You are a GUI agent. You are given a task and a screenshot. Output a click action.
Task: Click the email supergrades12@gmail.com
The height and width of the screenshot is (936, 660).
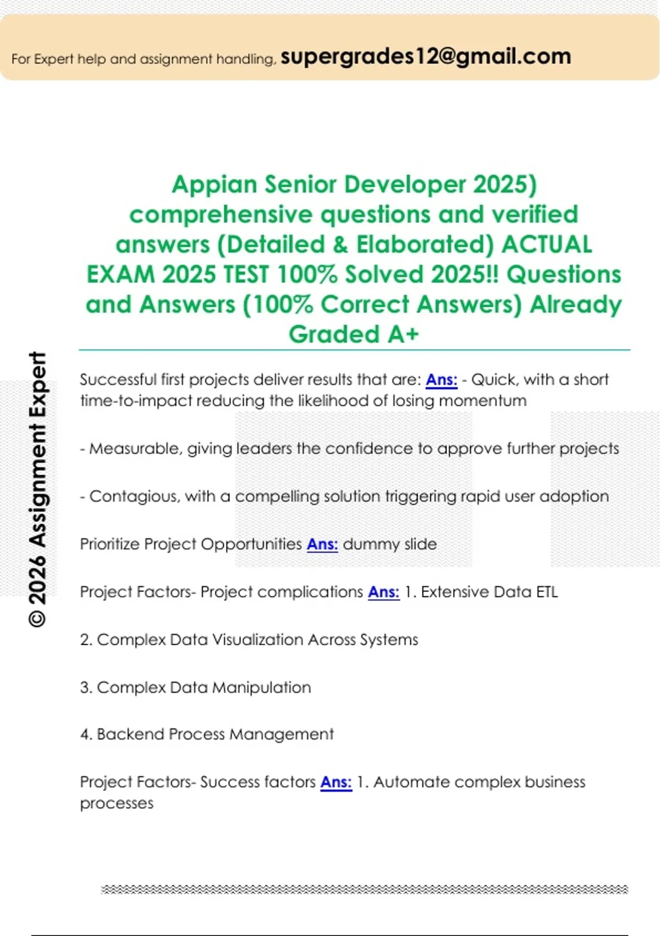tap(426, 57)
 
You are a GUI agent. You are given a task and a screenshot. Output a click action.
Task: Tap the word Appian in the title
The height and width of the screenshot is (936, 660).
tap(214, 184)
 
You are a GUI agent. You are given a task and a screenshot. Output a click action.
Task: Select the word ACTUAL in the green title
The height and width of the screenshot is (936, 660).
tap(547, 244)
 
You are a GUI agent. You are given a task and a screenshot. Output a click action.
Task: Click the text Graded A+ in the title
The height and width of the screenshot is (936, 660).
tap(354, 334)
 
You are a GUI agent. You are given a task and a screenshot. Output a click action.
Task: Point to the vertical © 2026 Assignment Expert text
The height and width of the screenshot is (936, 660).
tap(37, 489)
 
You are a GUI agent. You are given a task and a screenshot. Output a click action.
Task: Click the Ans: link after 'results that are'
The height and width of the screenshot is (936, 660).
tap(441, 379)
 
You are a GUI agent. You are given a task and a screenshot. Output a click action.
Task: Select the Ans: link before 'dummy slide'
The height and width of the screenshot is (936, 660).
tap(322, 544)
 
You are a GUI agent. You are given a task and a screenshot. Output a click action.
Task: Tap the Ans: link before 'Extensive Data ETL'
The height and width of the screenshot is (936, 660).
tap(384, 592)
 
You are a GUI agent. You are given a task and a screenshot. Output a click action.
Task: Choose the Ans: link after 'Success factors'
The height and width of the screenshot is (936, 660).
tap(336, 782)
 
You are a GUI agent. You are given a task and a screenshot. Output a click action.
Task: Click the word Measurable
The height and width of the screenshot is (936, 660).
tap(136, 449)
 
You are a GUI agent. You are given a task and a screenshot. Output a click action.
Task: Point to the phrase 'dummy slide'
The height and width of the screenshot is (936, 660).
tap(390, 544)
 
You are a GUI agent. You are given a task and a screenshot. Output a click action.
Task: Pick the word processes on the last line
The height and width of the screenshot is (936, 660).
tap(117, 803)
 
